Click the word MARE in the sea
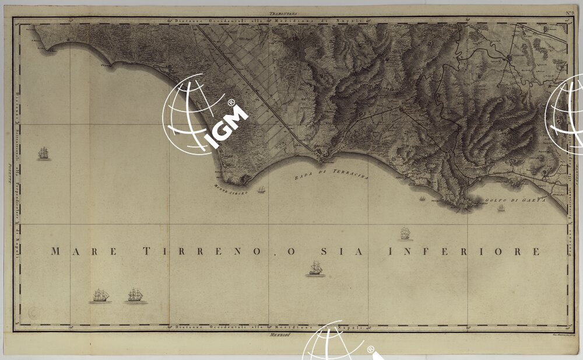[x=85, y=251]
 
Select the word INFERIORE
[x=464, y=251]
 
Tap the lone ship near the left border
[x=44, y=153]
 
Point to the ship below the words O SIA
[x=316, y=268]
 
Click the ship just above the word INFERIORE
[x=405, y=234]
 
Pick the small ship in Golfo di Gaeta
[x=501, y=208]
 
